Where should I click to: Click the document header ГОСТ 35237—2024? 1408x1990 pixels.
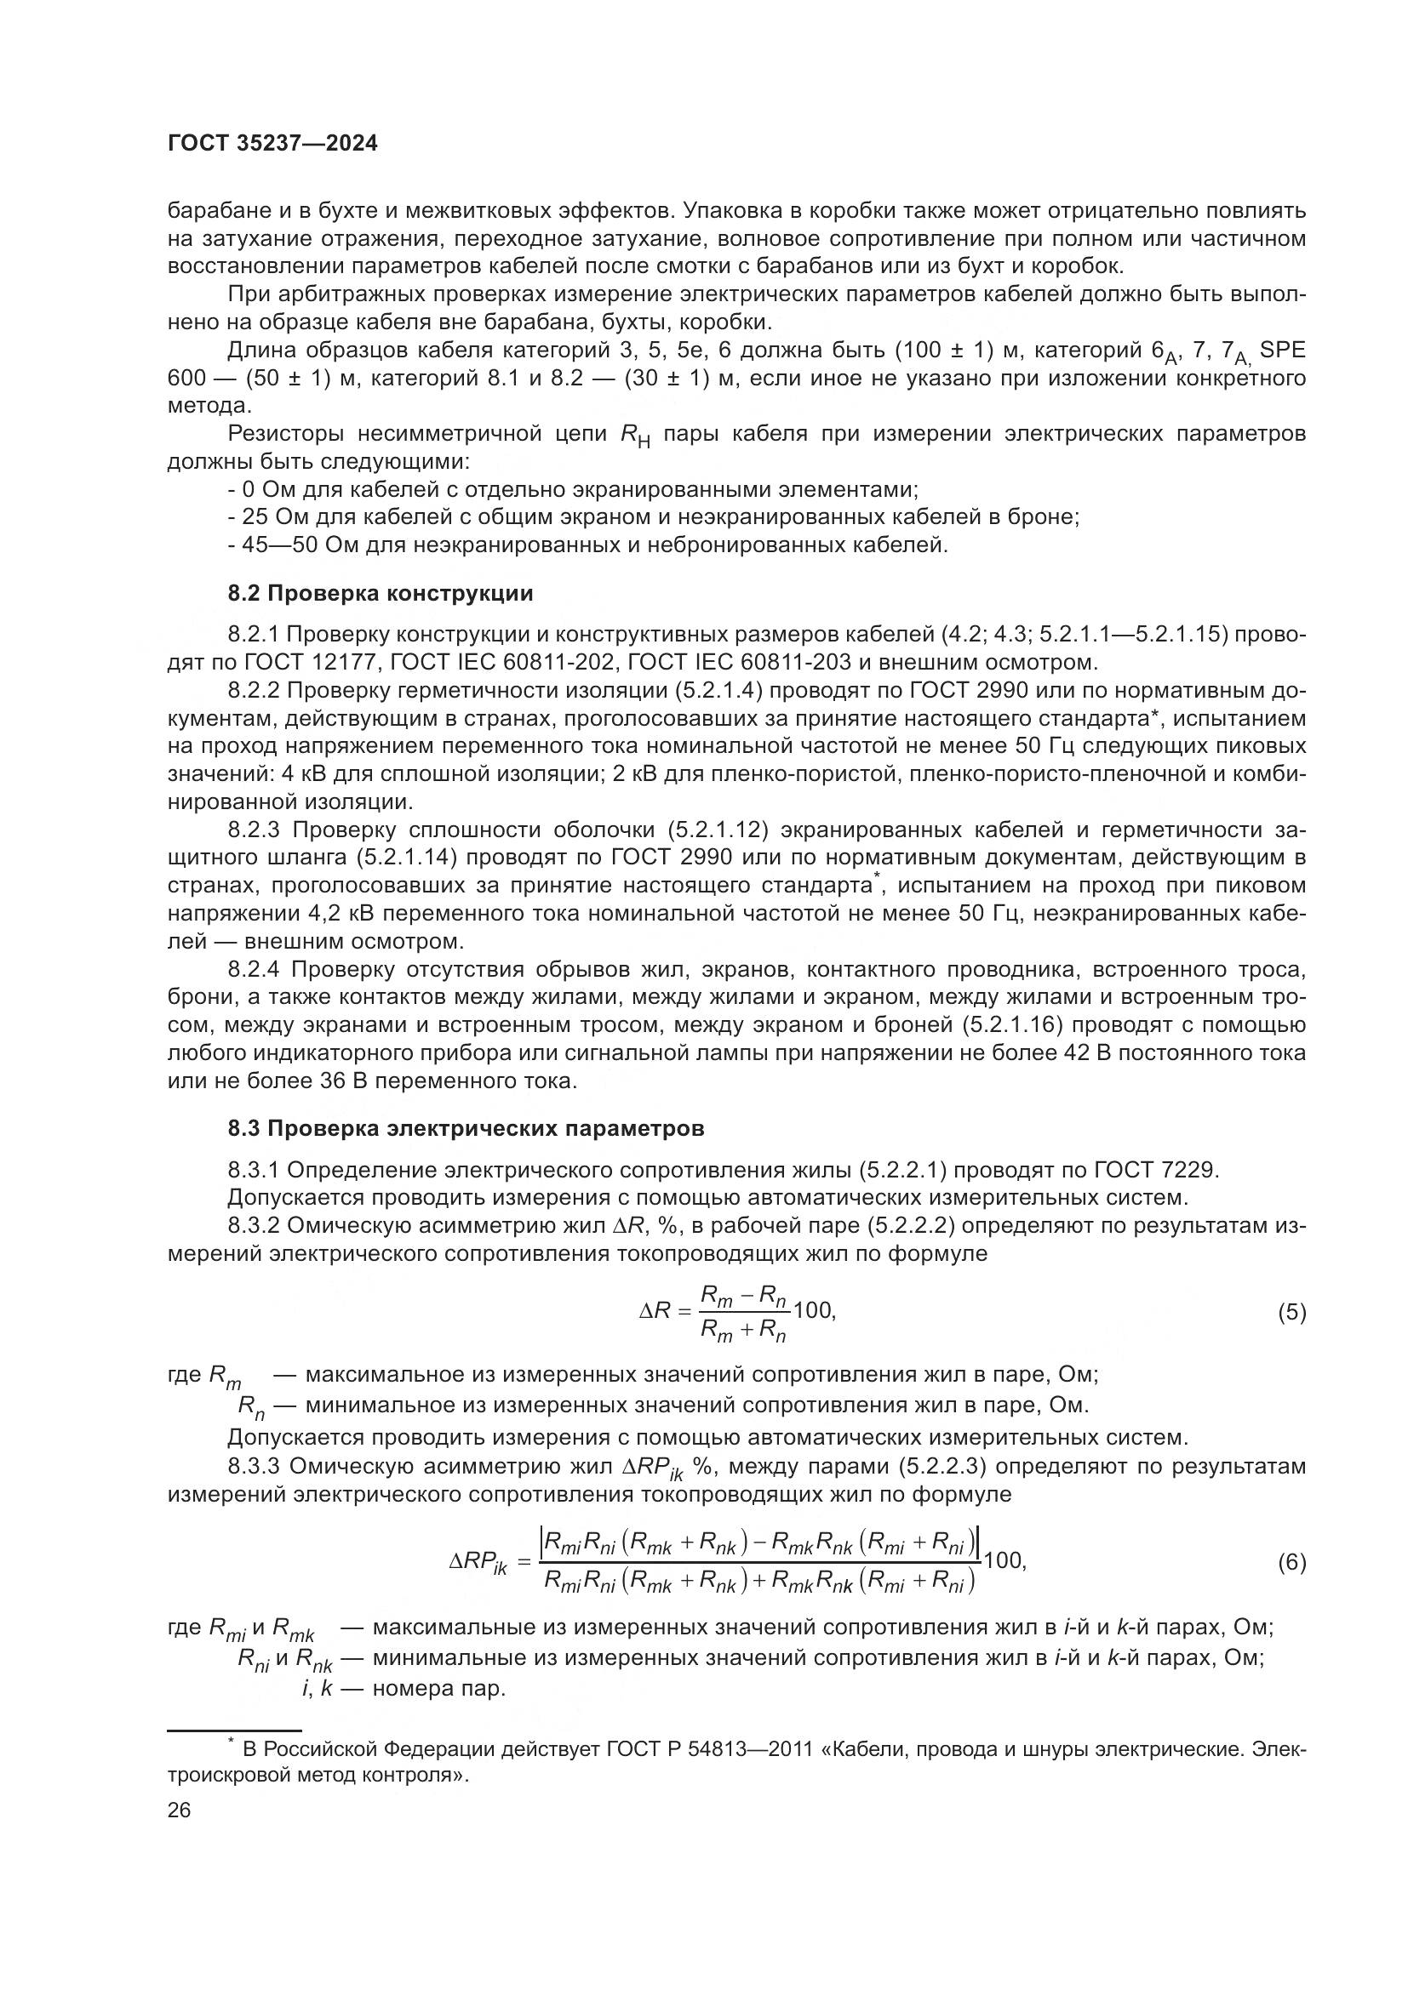(x=272, y=144)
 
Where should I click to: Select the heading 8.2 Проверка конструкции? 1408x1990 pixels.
(x=380, y=594)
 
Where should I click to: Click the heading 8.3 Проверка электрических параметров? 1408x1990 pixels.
(x=466, y=1128)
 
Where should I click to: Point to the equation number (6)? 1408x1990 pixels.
(x=1291, y=1563)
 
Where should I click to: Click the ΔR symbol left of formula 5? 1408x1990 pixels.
(x=655, y=1311)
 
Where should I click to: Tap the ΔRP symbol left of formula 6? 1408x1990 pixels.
(x=477, y=1563)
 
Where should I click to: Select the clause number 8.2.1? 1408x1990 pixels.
(x=253, y=636)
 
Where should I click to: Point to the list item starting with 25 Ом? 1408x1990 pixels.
(x=653, y=517)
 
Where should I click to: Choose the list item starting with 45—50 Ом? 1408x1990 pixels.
(x=588, y=545)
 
